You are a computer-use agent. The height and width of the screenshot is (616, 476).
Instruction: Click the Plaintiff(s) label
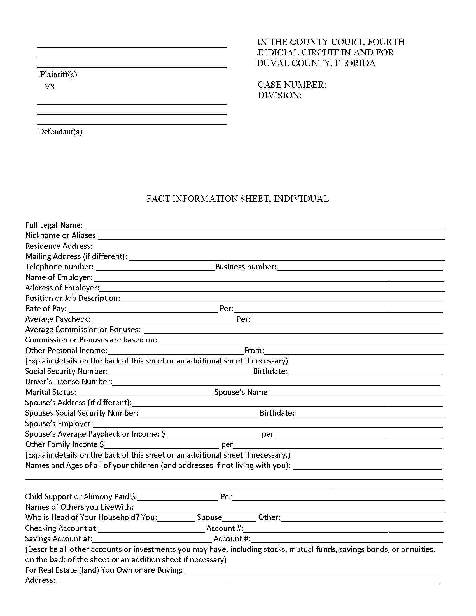pos(58,74)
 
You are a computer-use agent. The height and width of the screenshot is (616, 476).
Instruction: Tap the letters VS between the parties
pos(50,87)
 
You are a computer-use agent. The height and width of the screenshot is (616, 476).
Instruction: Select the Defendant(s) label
pos(60,132)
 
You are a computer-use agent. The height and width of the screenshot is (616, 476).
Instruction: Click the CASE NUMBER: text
pos(292,85)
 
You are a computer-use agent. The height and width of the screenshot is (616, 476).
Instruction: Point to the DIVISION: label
pos(279,95)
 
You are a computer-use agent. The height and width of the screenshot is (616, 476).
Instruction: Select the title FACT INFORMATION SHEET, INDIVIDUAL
pos(237,199)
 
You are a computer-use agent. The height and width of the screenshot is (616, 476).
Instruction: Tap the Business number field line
pos(360,268)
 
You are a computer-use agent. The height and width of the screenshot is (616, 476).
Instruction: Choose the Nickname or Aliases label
pos(62,235)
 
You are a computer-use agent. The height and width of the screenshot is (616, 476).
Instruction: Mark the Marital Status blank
pos(144,393)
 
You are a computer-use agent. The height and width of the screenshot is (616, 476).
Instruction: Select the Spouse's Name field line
pos(357,393)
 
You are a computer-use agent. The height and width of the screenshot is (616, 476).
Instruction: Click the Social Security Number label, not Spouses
pos(66,371)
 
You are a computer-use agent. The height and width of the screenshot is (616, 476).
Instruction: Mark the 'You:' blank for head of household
pos(176,518)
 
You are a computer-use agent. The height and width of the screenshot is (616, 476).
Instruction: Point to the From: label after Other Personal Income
pos(254,351)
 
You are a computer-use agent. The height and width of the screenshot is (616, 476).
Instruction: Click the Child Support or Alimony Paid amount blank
pos(178,498)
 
